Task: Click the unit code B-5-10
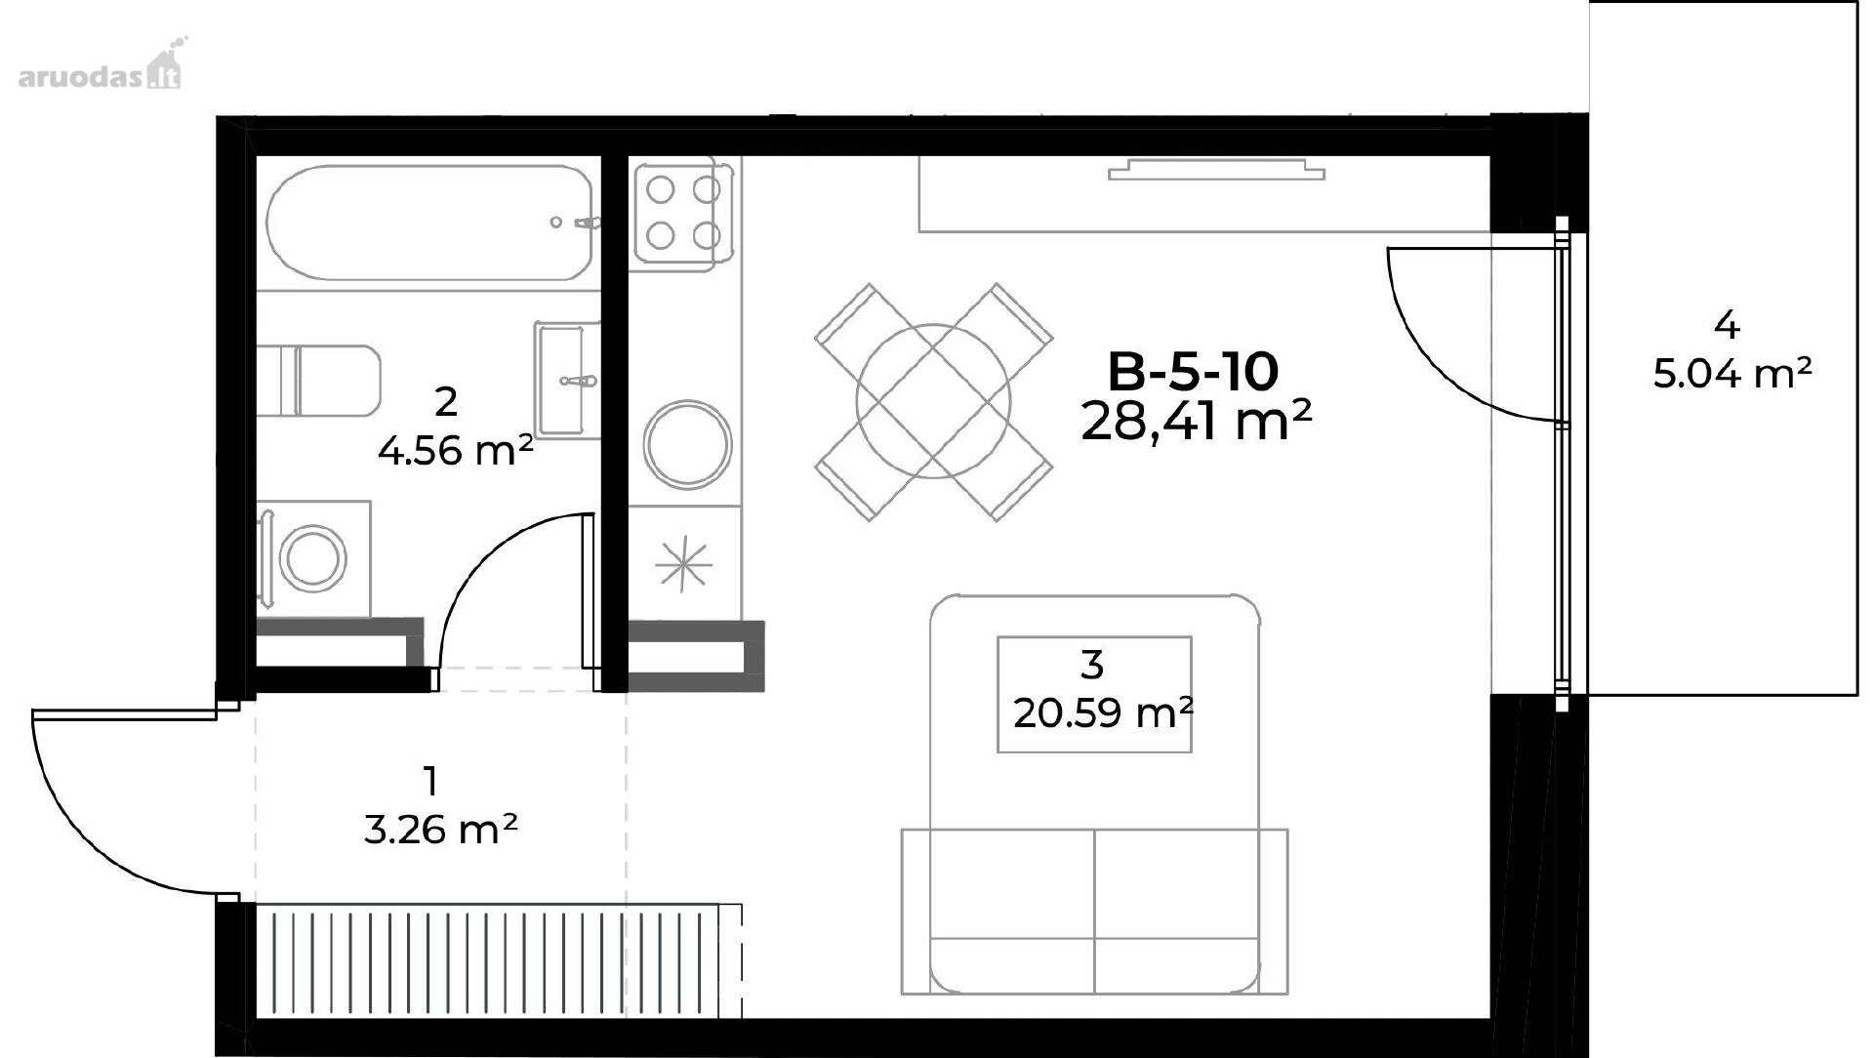[1193, 372]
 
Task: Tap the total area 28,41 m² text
[1196, 421]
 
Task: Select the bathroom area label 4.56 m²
[455, 451]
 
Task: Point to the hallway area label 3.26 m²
[440, 831]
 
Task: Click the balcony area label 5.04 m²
[1732, 373]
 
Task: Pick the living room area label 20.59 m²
[1103, 714]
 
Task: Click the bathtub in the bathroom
[428, 224]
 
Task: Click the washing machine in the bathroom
[313, 558]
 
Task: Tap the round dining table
[934, 402]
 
